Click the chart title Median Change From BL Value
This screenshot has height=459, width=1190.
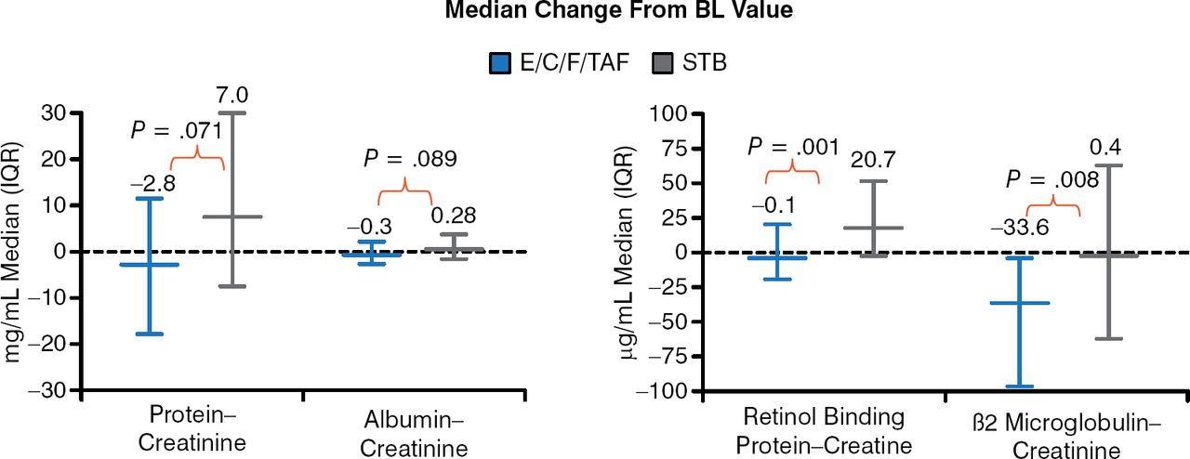coord(595,14)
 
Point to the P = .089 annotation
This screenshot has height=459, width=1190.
coord(410,159)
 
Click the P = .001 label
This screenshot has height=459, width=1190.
coord(793,146)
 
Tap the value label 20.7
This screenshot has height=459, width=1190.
coord(873,161)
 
